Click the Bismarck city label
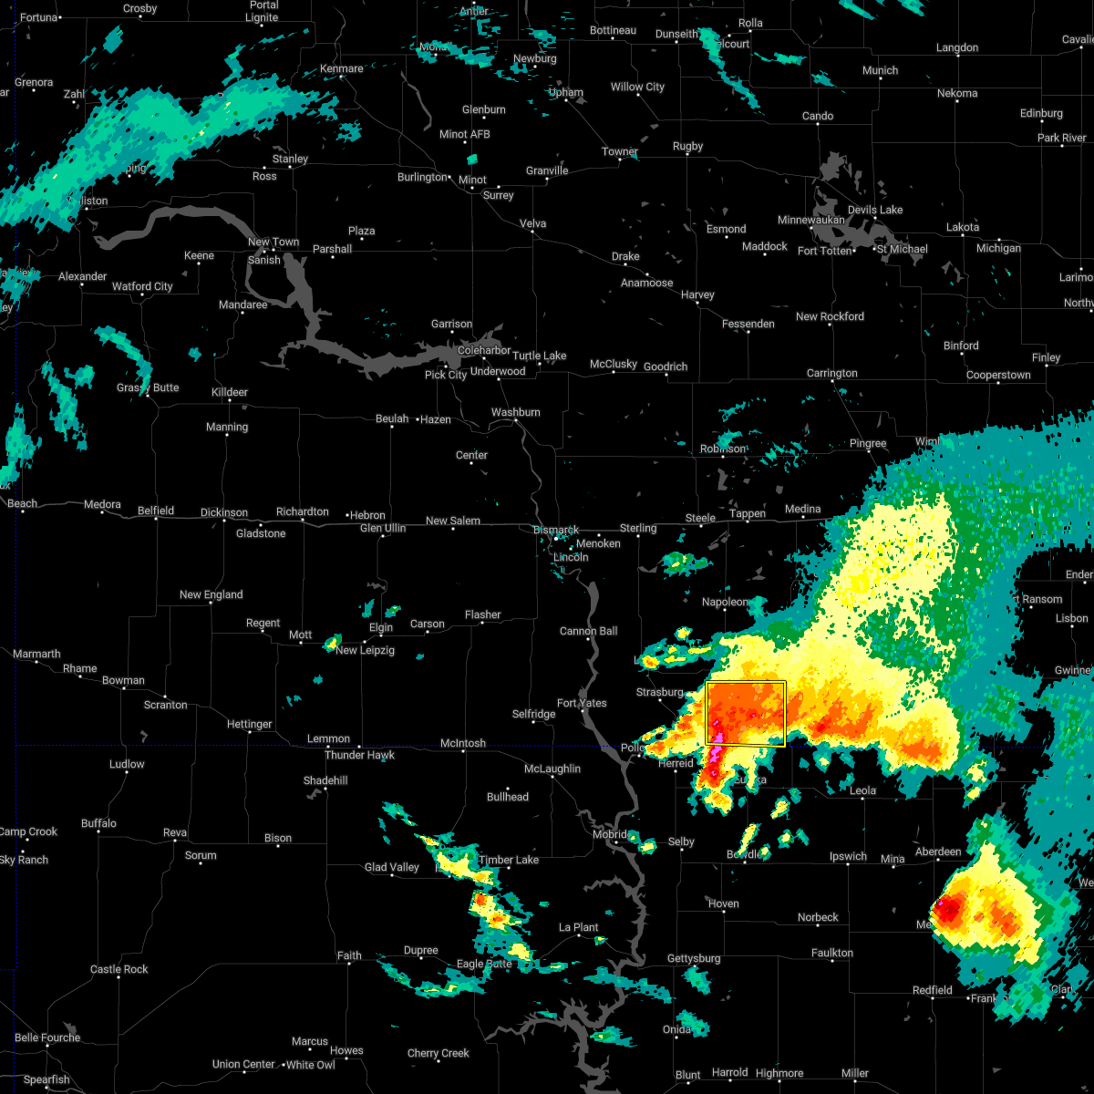tap(555, 530)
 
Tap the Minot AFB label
tap(465, 134)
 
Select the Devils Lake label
tap(875, 210)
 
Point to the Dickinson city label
tap(223, 512)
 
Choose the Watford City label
tap(142, 286)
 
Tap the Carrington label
tap(831, 373)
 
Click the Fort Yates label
tap(582, 703)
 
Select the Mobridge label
tap(610, 834)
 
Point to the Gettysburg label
tap(694, 958)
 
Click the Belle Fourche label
tap(47, 1037)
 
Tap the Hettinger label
tap(249, 724)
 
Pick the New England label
tap(211, 594)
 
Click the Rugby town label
tap(687, 146)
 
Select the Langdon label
tap(956, 47)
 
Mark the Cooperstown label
tap(998, 375)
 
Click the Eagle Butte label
tap(484, 964)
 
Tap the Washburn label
tap(515, 412)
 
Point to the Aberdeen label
tap(938, 851)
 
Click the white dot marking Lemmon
tap(328, 748)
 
